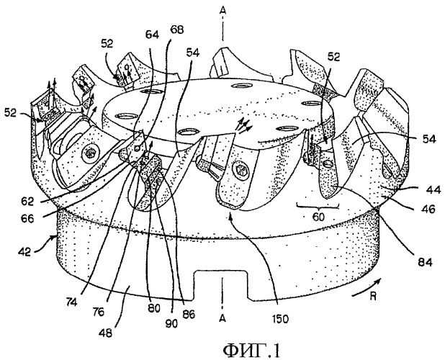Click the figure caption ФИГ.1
coord(251,351)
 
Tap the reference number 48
coord(105,332)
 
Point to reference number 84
coord(425,262)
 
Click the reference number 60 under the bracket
coord(318,217)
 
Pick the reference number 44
coord(433,189)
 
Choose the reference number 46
coord(428,209)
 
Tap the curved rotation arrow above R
coord(367,288)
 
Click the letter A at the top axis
coord(223,11)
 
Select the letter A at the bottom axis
coord(223,319)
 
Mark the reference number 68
coord(176,30)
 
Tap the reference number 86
coord(188,314)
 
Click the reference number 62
coord(27,202)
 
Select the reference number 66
coord(27,219)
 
